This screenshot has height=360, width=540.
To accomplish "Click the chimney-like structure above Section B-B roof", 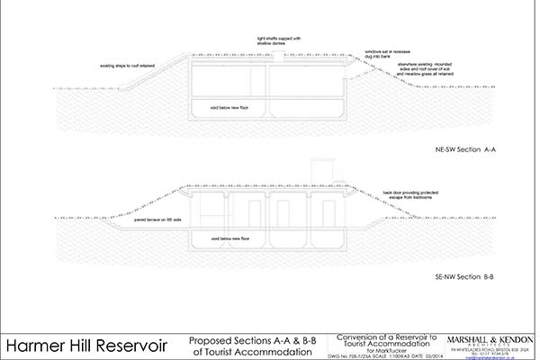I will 319,171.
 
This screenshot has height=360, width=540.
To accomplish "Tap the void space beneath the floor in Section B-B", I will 270,240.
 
